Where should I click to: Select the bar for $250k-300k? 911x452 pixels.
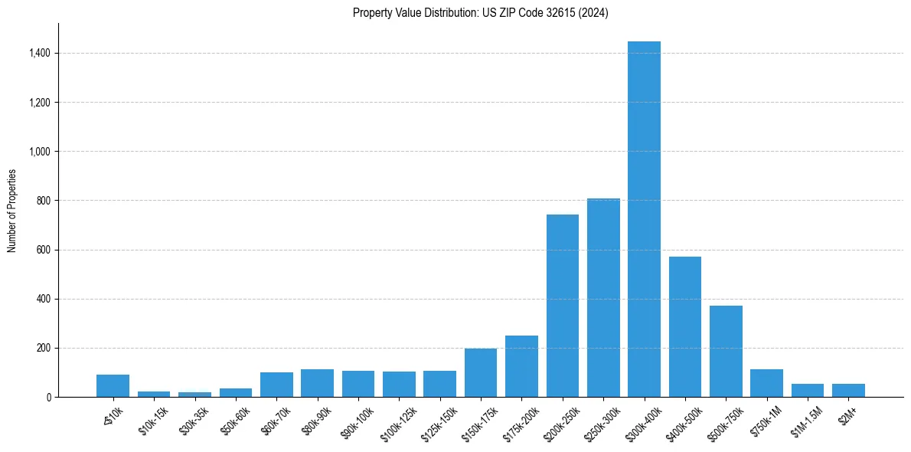click(603, 298)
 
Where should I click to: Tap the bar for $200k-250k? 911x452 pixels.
click(563, 306)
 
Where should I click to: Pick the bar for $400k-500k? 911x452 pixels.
click(685, 327)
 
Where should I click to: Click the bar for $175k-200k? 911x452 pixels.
click(521, 366)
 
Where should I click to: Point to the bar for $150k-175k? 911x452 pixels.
click(481, 373)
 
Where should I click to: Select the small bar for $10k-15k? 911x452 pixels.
click(154, 394)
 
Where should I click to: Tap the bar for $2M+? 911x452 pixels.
click(848, 390)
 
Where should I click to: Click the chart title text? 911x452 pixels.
click(481, 13)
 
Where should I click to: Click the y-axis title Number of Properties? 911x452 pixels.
click(12, 210)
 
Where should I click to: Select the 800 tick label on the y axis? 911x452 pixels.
click(42, 201)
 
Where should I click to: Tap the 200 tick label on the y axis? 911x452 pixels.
click(42, 348)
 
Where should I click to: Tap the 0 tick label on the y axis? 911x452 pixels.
click(47, 397)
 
